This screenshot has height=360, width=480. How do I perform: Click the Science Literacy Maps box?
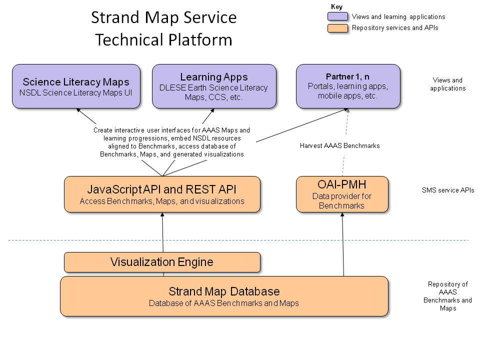tap(76, 86)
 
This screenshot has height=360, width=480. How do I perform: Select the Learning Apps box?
tap(214, 86)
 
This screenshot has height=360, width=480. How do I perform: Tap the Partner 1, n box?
tap(348, 86)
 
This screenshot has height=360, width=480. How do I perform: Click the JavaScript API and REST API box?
tap(162, 194)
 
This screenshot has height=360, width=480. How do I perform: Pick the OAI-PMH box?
tap(342, 194)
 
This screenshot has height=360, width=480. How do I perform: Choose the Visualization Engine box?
tap(162, 262)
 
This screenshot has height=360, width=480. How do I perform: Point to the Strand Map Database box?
tap(224, 296)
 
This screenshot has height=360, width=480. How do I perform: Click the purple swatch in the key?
tap(337, 16)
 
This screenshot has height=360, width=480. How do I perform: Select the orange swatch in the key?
tap(337, 28)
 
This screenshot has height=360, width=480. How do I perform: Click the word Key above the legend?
tap(336, 6)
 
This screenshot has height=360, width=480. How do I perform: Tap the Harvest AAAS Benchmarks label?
tap(339, 145)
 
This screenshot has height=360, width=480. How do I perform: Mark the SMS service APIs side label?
tap(447, 190)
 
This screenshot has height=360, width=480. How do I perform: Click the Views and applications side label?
tap(447, 84)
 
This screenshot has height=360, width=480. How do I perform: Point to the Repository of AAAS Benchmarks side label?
tap(447, 296)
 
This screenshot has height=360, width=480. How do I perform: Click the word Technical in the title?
tap(127, 39)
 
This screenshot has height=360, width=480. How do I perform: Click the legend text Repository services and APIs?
tap(395, 28)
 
